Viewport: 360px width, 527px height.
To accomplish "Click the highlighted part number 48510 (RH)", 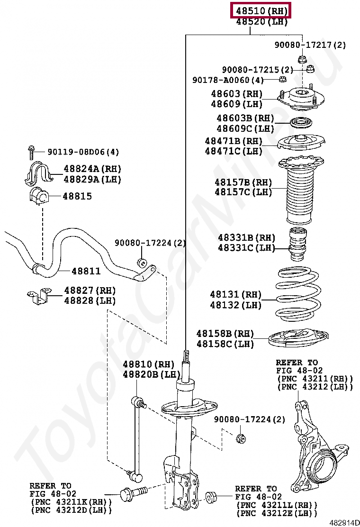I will tap(260, 10).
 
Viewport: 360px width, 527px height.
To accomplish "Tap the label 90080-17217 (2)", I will tap(310, 45).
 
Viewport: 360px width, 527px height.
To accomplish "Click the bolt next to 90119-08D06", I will tap(31, 152).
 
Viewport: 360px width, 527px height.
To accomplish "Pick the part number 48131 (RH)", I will tap(235, 295).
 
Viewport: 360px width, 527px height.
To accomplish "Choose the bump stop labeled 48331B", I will tap(297, 244).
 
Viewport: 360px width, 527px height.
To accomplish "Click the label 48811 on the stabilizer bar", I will tap(86, 271).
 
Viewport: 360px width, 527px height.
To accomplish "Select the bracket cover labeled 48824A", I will tap(38, 174).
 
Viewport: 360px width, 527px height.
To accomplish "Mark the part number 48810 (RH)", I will tap(142, 364).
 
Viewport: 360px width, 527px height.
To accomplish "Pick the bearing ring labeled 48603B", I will tap(300, 123).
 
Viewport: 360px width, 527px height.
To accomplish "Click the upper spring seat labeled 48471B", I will tap(301, 142).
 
